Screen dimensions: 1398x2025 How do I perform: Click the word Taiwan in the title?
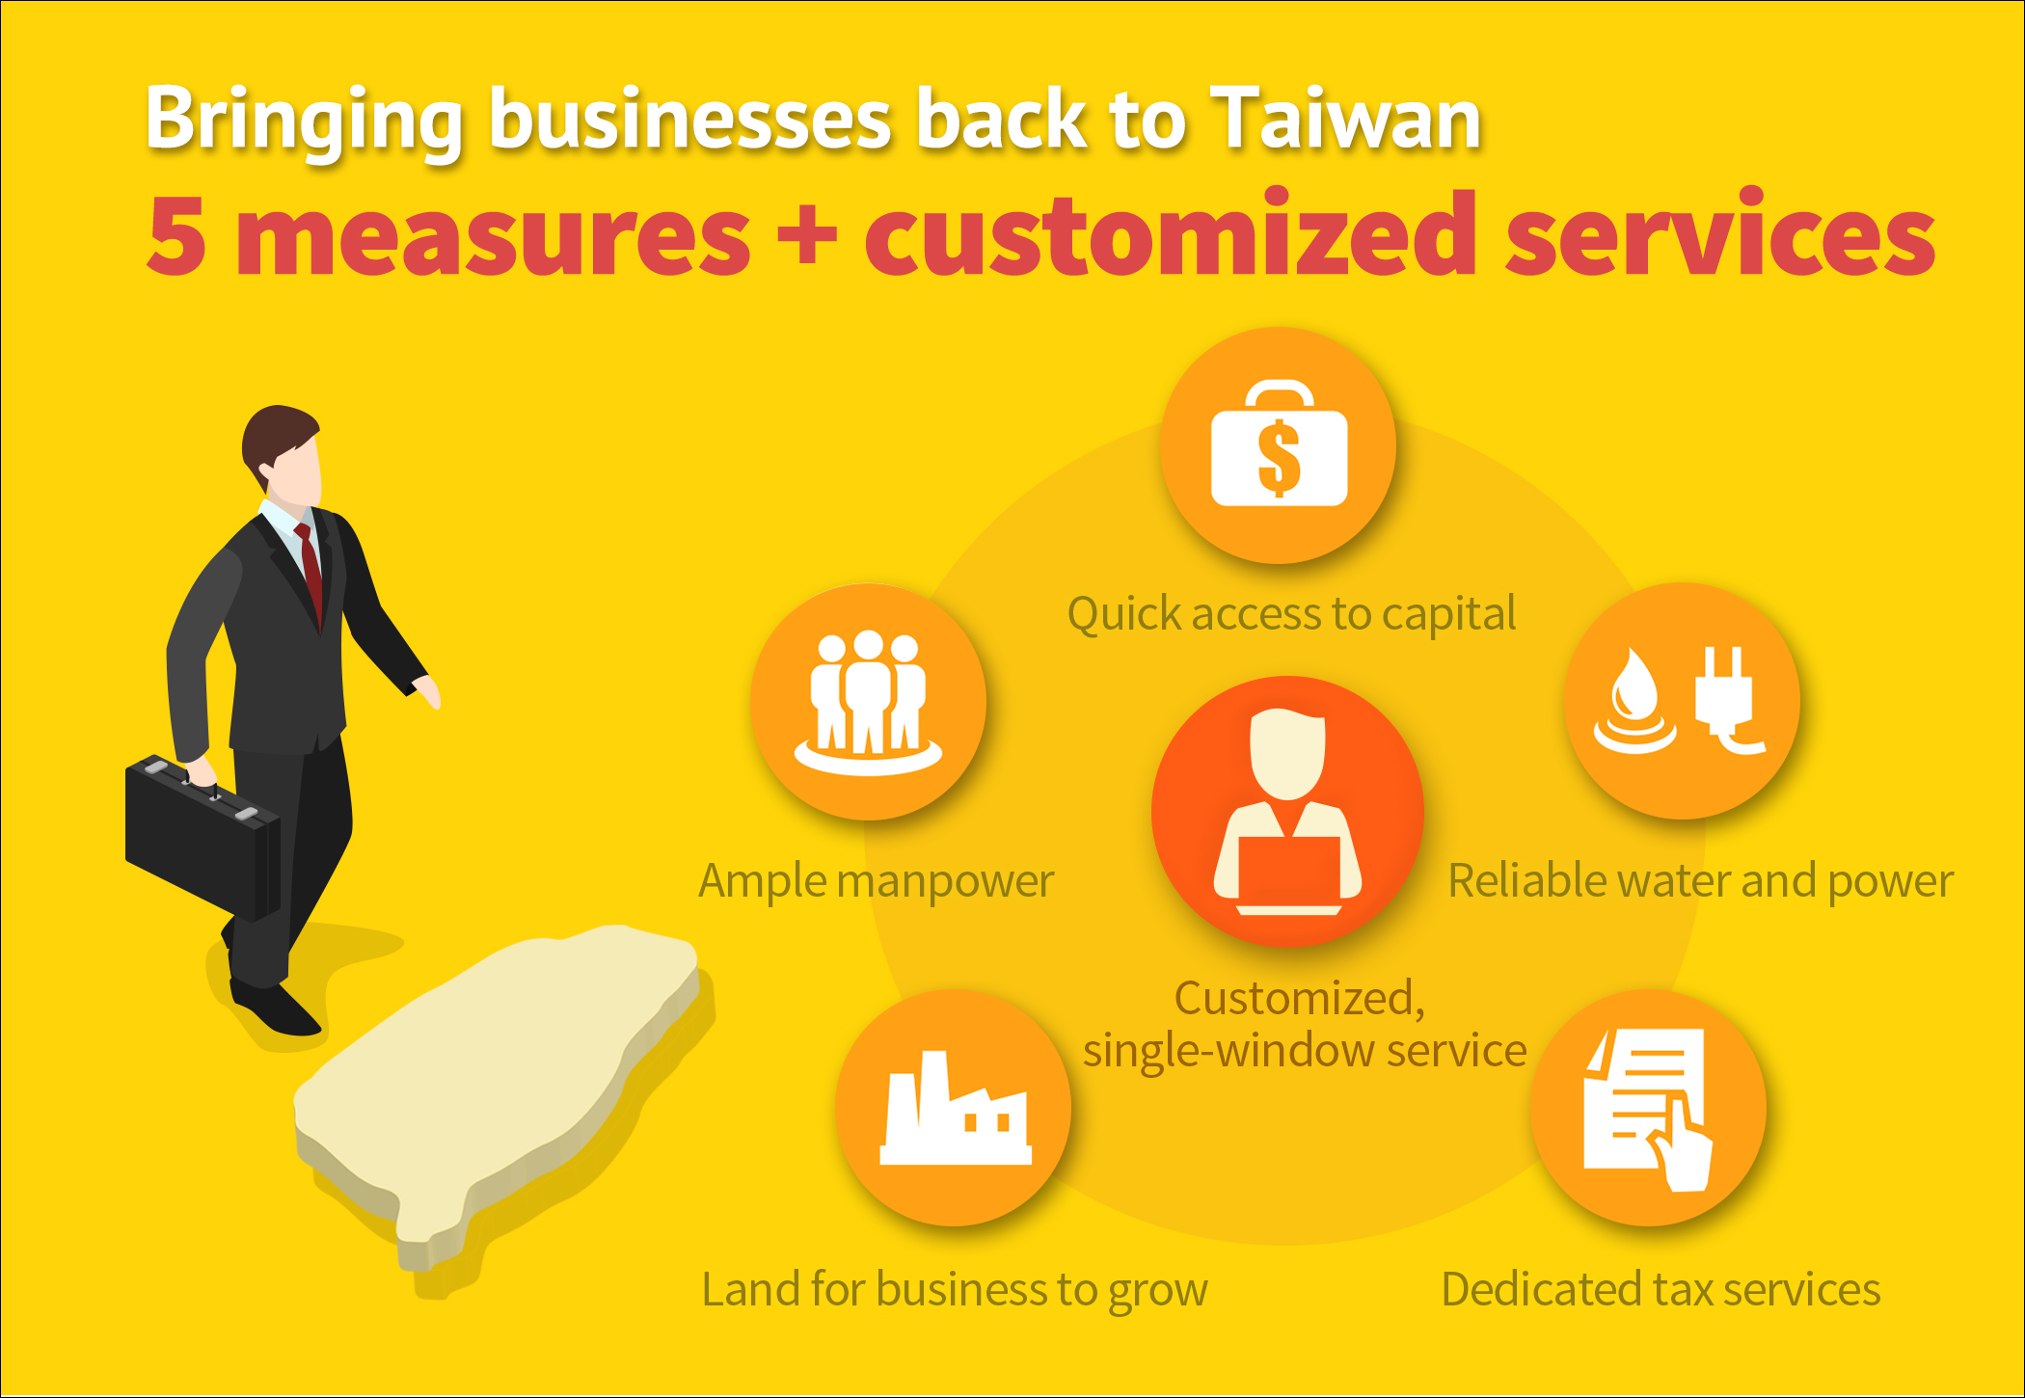coord(1345,120)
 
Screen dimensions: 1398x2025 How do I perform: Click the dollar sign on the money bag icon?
coord(1280,458)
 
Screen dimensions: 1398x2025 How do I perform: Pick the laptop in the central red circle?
coord(1288,873)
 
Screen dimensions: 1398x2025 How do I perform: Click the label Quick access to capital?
coord(1291,614)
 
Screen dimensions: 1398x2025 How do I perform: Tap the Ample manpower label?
coord(876,881)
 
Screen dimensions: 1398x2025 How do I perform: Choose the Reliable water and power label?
coord(1700,881)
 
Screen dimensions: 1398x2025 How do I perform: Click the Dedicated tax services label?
coord(1660,1289)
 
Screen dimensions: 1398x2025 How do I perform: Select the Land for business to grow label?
coord(954,1290)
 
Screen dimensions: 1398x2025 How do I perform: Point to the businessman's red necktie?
coord(310,568)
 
